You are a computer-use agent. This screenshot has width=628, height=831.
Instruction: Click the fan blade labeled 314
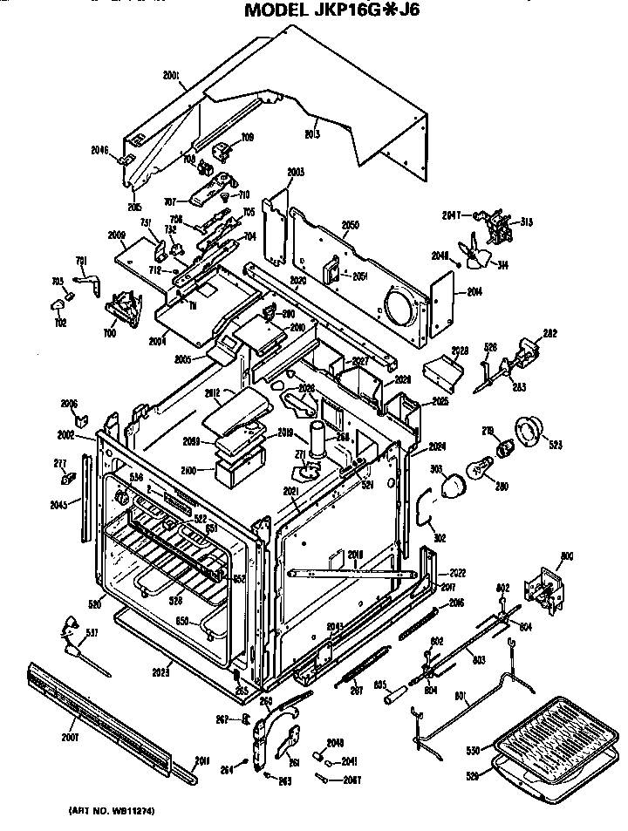(480, 257)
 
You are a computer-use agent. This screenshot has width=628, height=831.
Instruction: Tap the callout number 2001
(172, 76)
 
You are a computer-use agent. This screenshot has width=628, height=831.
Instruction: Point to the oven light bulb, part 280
(479, 468)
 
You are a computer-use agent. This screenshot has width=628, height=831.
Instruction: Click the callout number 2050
(350, 225)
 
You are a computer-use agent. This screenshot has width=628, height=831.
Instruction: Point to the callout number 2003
(295, 173)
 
